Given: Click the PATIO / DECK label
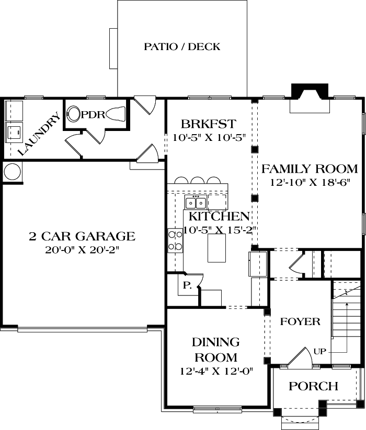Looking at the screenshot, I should pos(182,47).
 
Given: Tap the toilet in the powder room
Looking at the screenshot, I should pos(117,114).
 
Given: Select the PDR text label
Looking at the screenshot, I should pos(94,114).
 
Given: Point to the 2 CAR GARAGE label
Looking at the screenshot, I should pos(82,236).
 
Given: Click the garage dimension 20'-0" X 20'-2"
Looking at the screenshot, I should pos(82,250).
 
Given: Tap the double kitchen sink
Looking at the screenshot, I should pos(196,202).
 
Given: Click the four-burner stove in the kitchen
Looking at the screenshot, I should pos(175,241).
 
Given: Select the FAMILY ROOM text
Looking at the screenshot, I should pos(310,169).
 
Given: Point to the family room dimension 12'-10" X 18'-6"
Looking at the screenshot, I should pos(310,183).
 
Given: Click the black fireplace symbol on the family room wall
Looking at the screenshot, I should pos(310,91).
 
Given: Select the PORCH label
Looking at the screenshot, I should pos(313,386).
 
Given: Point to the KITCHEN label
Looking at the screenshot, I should pos(219,216).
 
